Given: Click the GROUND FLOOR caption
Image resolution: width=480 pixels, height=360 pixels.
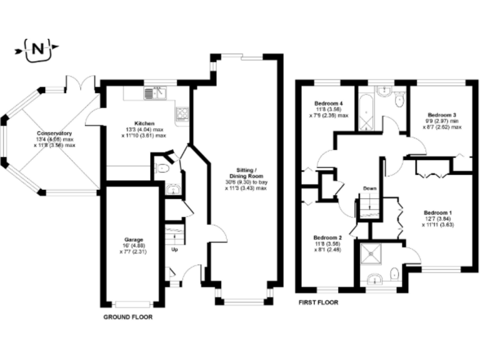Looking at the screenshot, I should pos(127,317).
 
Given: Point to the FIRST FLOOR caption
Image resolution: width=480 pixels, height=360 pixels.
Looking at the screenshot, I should pos(318,302).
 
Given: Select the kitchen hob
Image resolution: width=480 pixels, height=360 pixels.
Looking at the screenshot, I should pos(183,114).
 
